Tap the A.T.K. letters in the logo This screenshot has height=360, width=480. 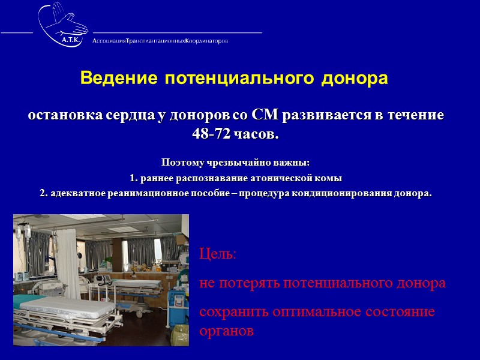[x=73, y=40]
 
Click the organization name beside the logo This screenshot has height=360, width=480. [x=160, y=41]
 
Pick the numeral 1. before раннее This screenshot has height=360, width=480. [x=134, y=178]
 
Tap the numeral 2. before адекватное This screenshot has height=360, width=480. [x=43, y=194]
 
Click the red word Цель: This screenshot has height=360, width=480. [x=218, y=254]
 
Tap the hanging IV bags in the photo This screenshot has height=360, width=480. [x=24, y=231]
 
